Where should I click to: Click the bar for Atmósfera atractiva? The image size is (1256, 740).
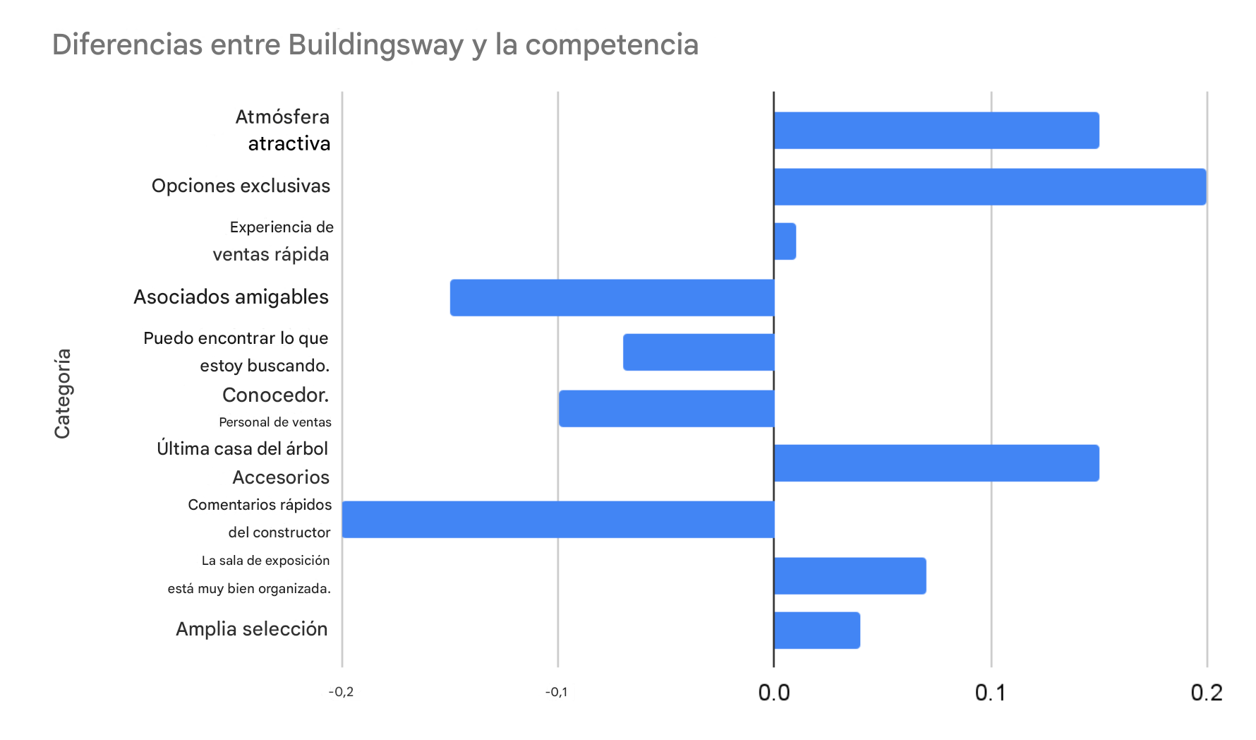pos(936,131)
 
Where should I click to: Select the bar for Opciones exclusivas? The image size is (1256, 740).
pos(989,187)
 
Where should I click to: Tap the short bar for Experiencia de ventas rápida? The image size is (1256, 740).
pos(785,241)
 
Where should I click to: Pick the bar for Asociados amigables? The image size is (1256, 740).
pos(612,297)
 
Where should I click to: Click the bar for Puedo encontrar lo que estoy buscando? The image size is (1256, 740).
pos(699,352)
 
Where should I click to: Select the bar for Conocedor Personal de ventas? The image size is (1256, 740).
pos(666,408)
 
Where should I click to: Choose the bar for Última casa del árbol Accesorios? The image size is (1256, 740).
pos(936,463)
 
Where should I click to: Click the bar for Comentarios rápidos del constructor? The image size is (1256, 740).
pos(558,520)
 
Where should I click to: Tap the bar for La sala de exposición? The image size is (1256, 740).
pos(850,575)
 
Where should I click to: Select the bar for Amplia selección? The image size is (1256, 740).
pos(816,631)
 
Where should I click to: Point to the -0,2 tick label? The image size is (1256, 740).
pos(341,692)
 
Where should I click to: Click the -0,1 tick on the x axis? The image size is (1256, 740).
pos(556,692)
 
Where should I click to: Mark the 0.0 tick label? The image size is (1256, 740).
pos(773,693)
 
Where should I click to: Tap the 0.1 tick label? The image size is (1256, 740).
pos(990,693)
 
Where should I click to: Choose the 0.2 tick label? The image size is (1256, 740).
pos(1206,693)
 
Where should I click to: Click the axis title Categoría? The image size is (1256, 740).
pos(63,393)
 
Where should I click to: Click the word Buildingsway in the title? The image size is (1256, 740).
pos(375,44)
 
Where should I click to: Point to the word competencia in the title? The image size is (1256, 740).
pos(612,44)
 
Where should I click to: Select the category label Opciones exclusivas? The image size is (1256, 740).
pos(241,186)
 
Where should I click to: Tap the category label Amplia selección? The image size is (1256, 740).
pos(251,629)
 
